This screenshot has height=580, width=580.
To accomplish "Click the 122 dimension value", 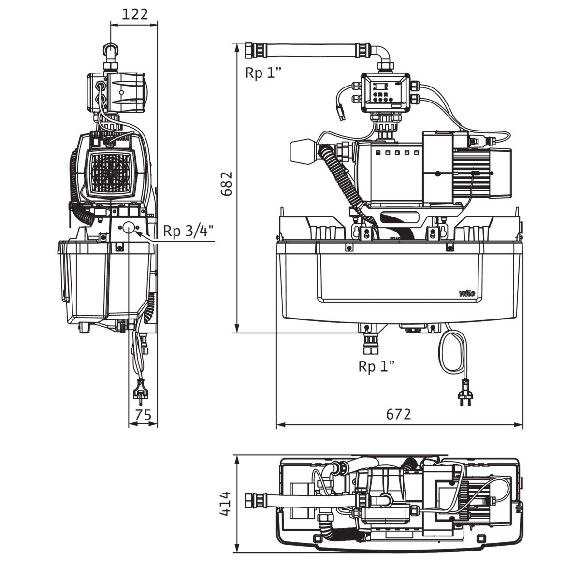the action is pyautogui.click(x=135, y=14).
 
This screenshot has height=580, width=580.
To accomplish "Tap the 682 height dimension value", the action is pyautogui.click(x=226, y=184).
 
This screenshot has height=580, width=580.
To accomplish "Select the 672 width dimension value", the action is pyautogui.click(x=398, y=414).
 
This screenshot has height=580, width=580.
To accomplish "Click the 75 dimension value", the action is pyautogui.click(x=143, y=415).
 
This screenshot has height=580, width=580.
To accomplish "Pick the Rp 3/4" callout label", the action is pyautogui.click(x=188, y=232).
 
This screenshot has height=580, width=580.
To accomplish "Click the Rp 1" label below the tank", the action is pyautogui.click(x=376, y=367).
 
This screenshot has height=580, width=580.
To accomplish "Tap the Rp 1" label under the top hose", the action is pyautogui.click(x=263, y=73).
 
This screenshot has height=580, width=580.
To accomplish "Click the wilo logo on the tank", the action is pyautogui.click(x=467, y=293).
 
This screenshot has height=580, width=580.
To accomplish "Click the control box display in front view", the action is pyautogui.click(x=380, y=87).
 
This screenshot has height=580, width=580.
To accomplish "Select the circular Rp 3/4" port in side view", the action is pyautogui.click(x=128, y=228).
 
